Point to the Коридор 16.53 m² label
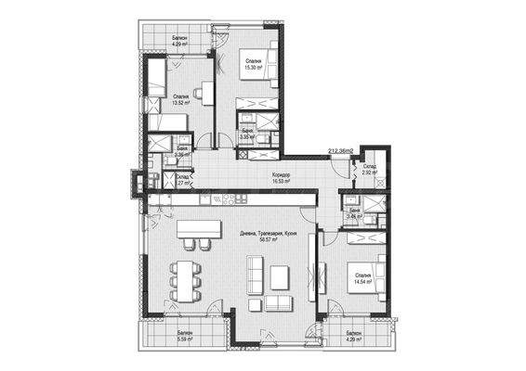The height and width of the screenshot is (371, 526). point(282,178)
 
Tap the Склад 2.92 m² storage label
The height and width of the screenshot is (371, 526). point(370,170)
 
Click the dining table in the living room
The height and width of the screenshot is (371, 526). point(187,277)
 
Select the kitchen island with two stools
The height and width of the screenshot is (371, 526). point(196,228)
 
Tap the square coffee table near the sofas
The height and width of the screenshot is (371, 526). point(277,275)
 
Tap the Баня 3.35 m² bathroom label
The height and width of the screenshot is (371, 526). point(248,134)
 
